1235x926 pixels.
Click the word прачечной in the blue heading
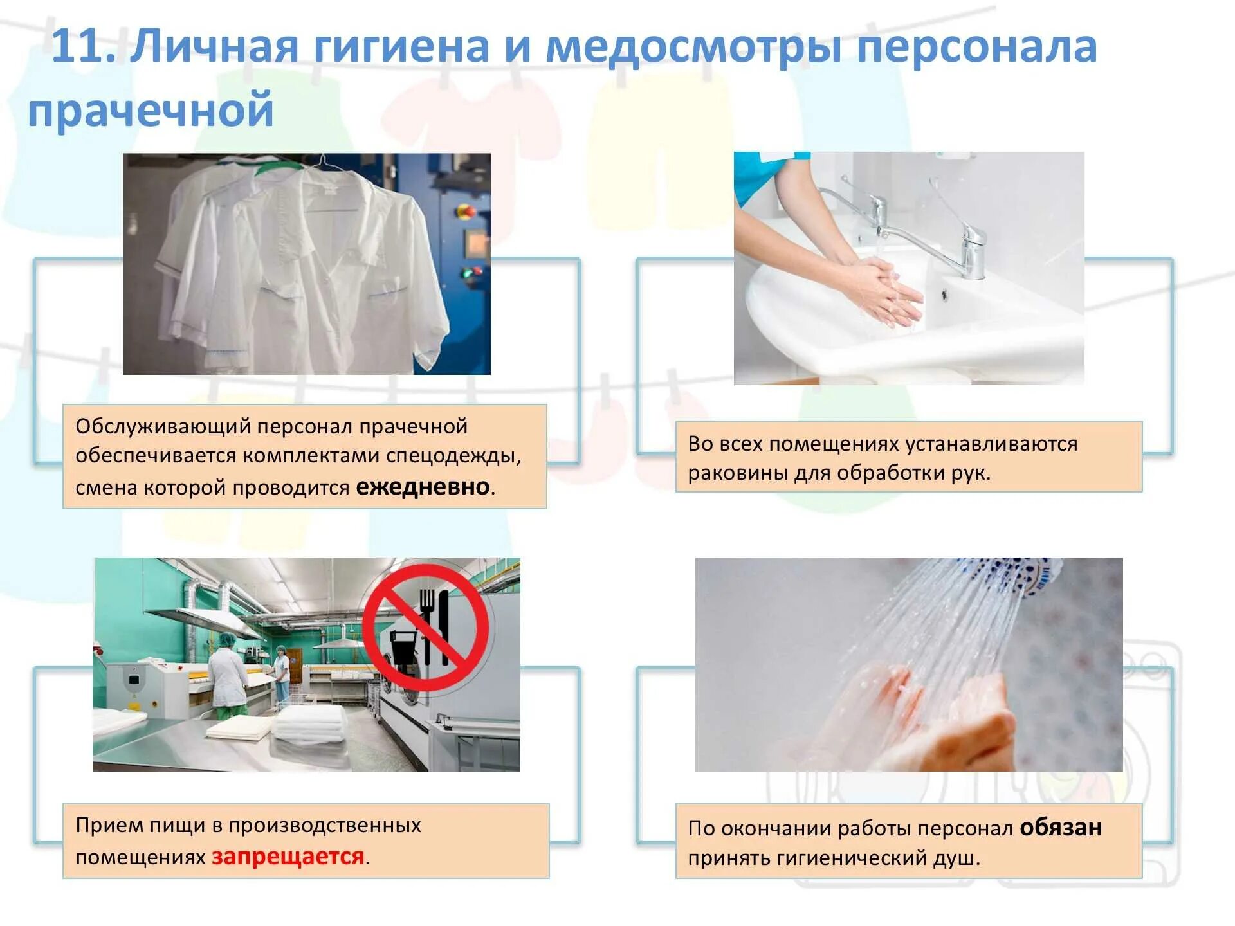click(x=151, y=109)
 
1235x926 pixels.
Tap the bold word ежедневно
click(x=423, y=487)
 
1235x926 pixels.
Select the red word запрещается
click(x=288, y=857)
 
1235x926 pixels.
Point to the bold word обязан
click(x=1061, y=827)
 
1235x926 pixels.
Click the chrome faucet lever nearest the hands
click(x=879, y=209)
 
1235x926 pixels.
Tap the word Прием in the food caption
click(x=109, y=825)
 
